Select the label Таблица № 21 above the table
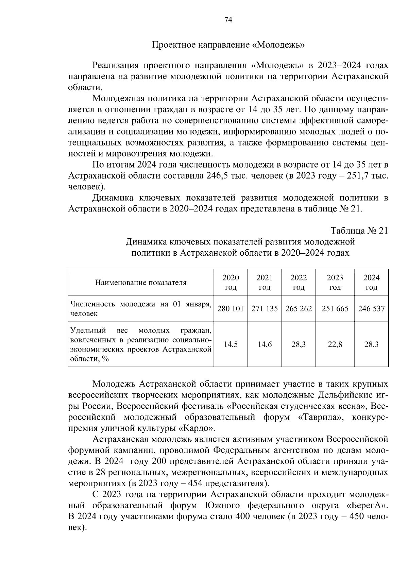359,231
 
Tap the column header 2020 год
231,283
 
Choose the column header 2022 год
299,283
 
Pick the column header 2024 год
371,283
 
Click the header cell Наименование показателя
140,283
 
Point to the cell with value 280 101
231,309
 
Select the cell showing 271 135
265,309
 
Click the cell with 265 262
299,309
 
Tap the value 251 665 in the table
335,309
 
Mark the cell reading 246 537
371,309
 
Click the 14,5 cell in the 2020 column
231,344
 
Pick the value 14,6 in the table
265,344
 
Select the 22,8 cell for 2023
335,344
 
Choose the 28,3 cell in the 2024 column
371,344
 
